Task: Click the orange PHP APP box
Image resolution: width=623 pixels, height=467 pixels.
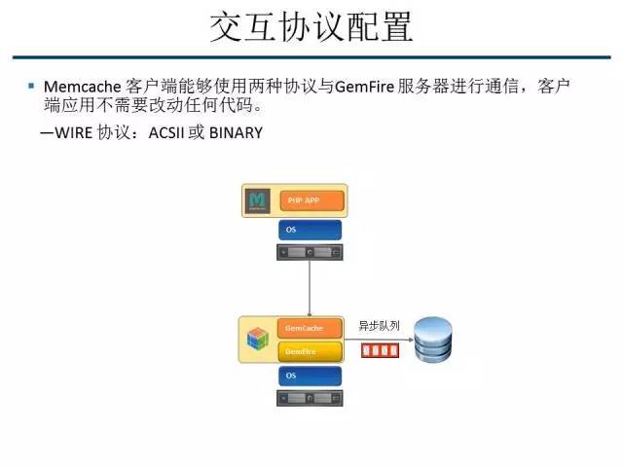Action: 311,200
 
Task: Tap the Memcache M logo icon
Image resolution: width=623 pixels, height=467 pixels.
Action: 258,200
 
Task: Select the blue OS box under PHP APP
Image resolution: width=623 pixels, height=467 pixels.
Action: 309,230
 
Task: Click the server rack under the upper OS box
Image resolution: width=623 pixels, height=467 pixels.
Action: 309,252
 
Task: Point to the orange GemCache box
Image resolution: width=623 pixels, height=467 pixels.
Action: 310,329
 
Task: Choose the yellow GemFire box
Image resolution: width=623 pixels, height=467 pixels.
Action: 310,350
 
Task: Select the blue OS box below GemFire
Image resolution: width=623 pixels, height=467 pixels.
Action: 309,375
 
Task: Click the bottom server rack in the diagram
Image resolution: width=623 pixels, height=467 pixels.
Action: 309,398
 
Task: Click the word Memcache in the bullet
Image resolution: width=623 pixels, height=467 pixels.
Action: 75,88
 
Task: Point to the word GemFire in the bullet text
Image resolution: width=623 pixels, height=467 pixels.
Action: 364,88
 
